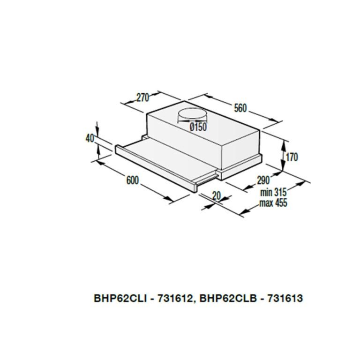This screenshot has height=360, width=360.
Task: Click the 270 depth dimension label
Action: pyautogui.click(x=143, y=98)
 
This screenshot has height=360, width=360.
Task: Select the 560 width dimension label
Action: pyautogui.click(x=240, y=108)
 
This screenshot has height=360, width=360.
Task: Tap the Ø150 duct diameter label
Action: pyautogui.click(x=198, y=127)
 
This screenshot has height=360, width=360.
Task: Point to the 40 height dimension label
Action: pyautogui.click(x=90, y=138)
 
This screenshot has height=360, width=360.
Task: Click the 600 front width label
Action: pyautogui.click(x=133, y=180)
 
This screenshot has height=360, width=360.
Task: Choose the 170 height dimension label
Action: pyautogui.click(x=292, y=157)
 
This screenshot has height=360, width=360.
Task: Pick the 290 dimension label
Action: pyautogui.click(x=263, y=180)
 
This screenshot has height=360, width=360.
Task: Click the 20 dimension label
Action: pyautogui.click(x=216, y=196)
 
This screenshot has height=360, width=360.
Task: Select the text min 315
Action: pyautogui.click(x=273, y=192)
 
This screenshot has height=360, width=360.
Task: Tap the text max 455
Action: pyautogui.click(x=273, y=203)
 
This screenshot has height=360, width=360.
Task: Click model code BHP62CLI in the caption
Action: pyautogui.click(x=120, y=298)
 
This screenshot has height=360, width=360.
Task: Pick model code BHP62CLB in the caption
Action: pyautogui.click(x=228, y=298)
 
